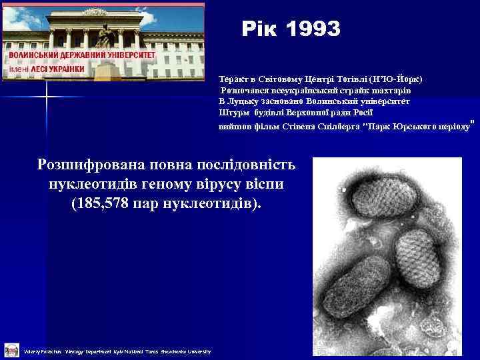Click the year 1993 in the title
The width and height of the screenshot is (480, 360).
[x=313, y=29]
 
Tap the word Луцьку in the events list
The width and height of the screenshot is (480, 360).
[x=247, y=101]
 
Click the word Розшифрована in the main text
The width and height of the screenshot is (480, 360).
[x=93, y=164]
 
